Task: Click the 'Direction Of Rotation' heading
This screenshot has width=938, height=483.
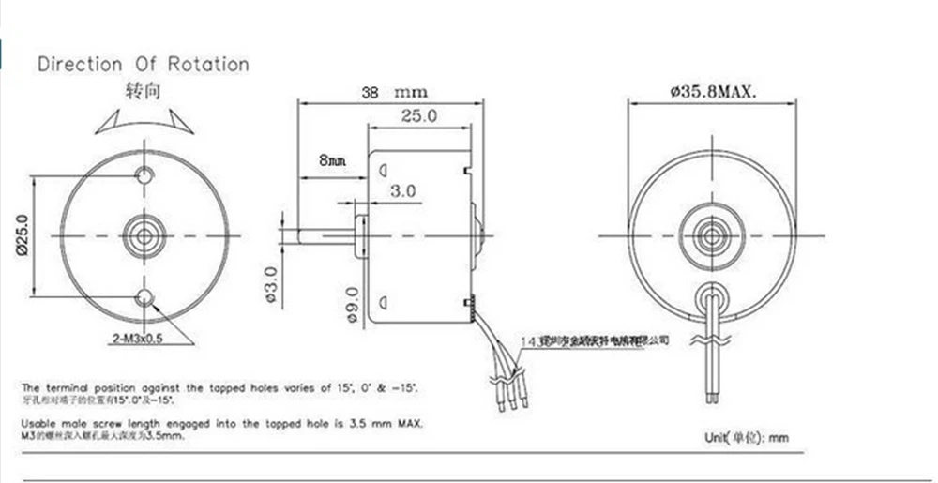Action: [143, 65]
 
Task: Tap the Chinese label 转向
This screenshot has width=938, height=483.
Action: [143, 92]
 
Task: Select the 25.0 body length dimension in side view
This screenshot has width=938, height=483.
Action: [419, 115]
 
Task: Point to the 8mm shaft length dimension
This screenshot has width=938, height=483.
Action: [332, 160]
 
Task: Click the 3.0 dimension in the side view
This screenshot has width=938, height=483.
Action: [403, 190]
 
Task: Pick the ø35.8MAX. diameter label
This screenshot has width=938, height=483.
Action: [714, 92]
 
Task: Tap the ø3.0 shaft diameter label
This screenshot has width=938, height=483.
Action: [271, 287]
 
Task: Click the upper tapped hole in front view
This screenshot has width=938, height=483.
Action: [144, 174]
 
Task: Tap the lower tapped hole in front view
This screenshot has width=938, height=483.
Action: [144, 297]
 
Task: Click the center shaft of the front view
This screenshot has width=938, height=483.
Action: [144, 235]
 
